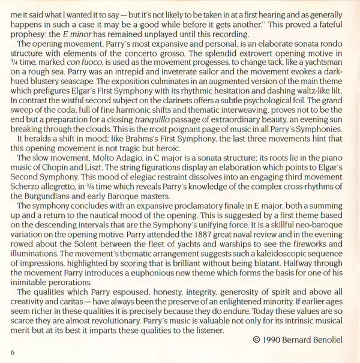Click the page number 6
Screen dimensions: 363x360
tap(13, 352)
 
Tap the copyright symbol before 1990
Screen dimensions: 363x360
tap(257, 339)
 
